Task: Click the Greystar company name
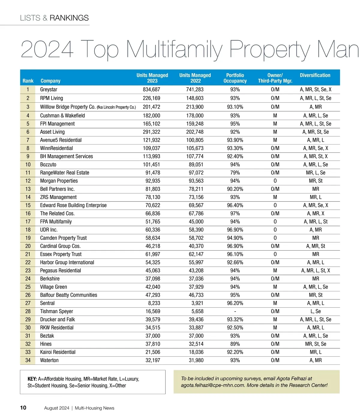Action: tap(49, 89)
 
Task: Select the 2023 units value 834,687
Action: tap(151, 89)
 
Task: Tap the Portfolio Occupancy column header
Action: tap(235, 78)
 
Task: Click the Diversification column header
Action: tap(315, 75)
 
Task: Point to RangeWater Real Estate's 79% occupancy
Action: tap(235, 173)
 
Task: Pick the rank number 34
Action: tap(28, 360)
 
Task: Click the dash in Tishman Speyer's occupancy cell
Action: tap(235, 311)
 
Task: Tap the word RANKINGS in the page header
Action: tap(69, 18)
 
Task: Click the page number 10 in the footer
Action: tap(23, 408)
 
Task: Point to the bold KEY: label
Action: tap(32, 379)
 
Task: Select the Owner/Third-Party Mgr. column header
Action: tap(275, 78)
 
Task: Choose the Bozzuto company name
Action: tap(48, 165)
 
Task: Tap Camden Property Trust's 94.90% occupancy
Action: tap(235, 238)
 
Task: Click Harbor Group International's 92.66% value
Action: tap(235, 262)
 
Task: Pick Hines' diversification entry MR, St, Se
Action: tap(316, 344)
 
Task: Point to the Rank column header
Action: tap(28, 81)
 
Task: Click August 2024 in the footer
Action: tap(57, 408)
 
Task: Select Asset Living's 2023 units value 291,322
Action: tap(151, 132)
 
